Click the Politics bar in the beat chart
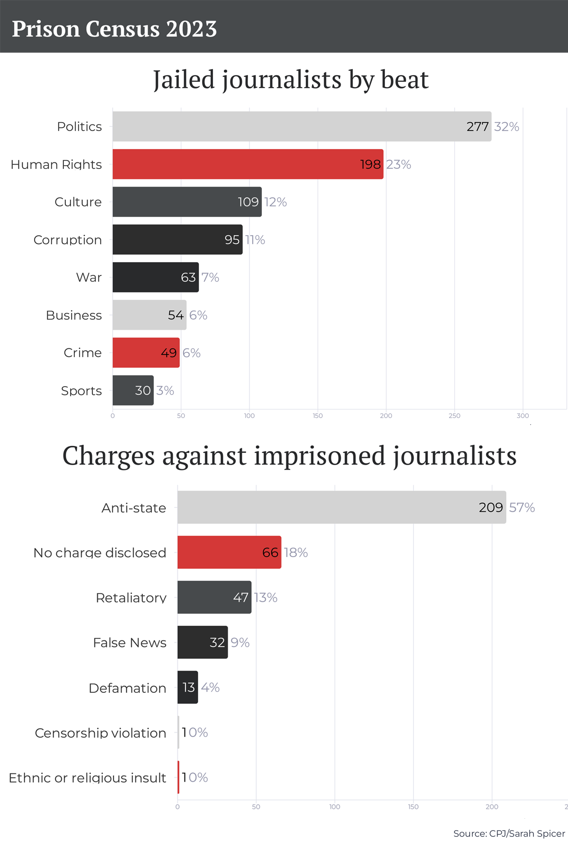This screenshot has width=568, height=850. click(302, 126)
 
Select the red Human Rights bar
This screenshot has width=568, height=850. click(248, 164)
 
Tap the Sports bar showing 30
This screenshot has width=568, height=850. click(133, 390)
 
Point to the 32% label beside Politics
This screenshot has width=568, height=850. click(506, 127)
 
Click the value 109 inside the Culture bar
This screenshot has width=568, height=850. click(248, 202)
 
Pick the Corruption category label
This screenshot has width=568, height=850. click(68, 240)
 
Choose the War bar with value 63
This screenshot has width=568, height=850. click(155, 277)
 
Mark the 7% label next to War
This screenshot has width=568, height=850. click(210, 277)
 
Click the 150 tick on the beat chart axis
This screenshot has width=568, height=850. click(318, 416)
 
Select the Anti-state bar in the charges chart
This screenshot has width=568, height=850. click(341, 507)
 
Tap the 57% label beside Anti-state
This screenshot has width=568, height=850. click(522, 508)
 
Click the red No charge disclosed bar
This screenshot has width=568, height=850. click(229, 552)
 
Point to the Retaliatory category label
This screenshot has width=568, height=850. click(131, 598)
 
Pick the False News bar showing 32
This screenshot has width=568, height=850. click(202, 642)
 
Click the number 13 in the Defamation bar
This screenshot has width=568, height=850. click(188, 687)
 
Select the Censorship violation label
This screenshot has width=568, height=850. click(100, 733)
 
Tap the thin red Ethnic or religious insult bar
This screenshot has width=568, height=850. click(178, 777)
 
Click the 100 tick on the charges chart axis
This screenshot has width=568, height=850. click(335, 806)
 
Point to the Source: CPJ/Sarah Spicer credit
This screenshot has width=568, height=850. click(509, 833)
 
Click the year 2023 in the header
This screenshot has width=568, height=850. click(191, 29)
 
